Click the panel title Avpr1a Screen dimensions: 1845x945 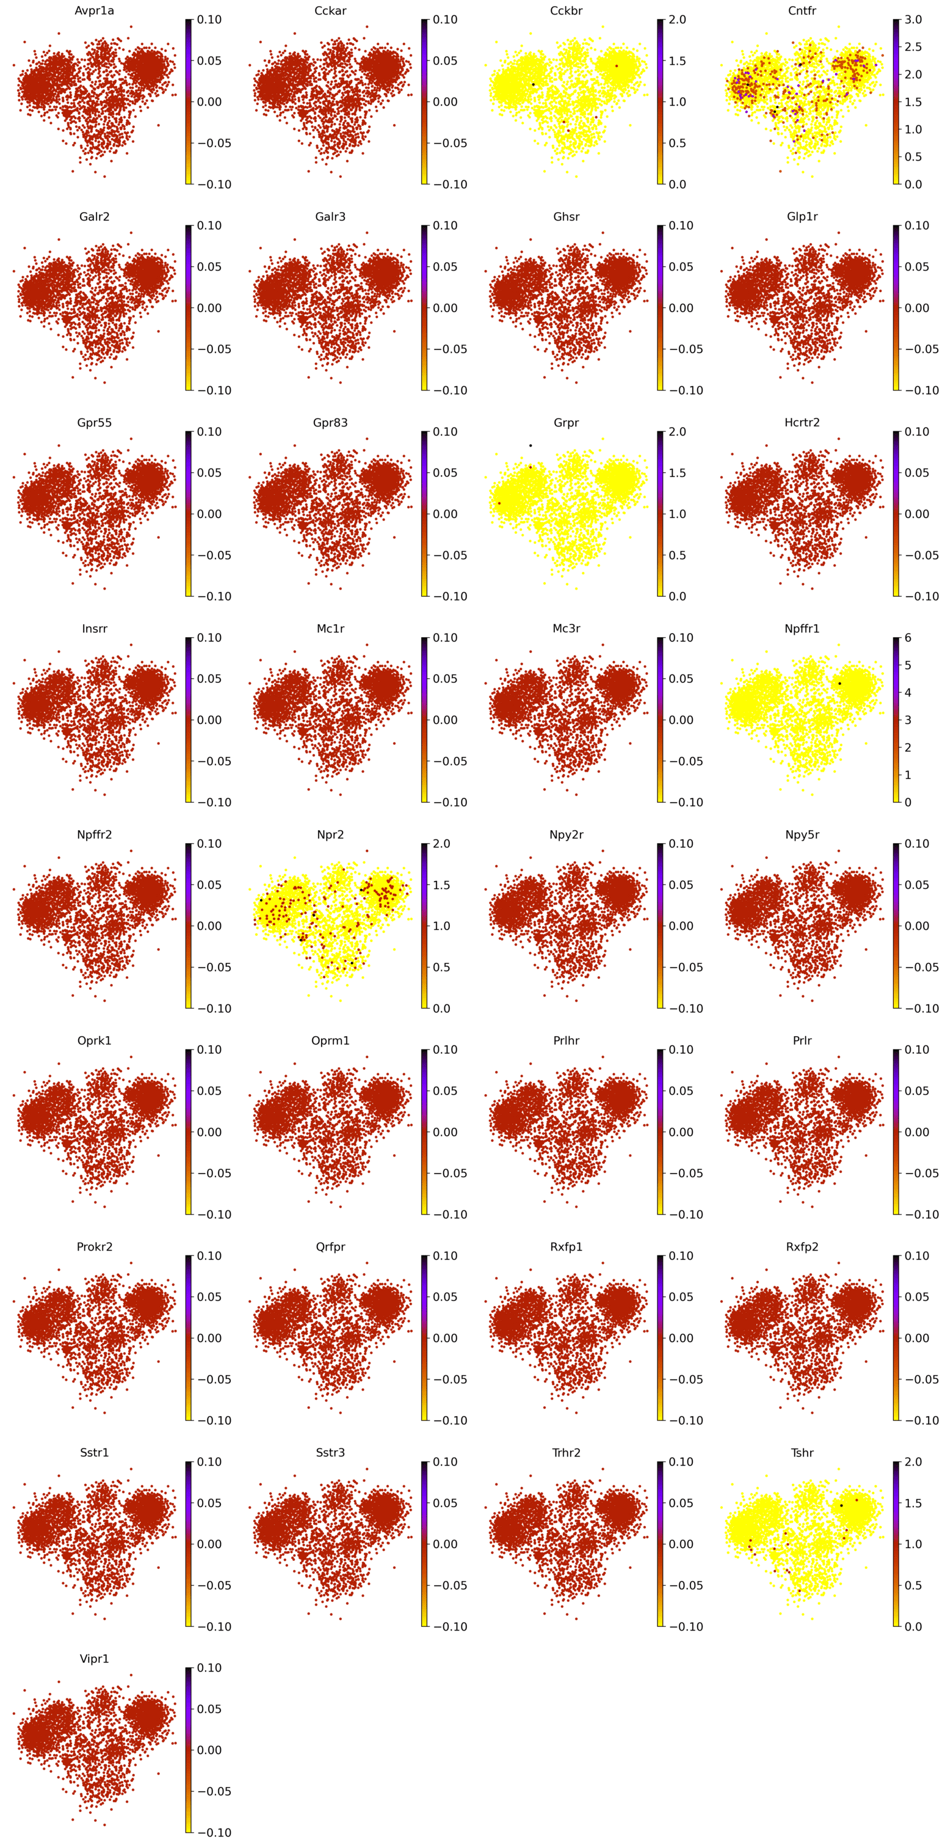pyautogui.click(x=94, y=11)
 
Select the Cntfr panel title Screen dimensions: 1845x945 pyautogui.click(x=802, y=11)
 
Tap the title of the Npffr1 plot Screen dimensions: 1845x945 pyautogui.click(x=802, y=629)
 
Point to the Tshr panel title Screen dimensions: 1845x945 pyautogui.click(x=802, y=1453)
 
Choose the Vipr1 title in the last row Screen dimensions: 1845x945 pyautogui.click(x=94, y=1659)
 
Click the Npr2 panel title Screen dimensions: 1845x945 pyautogui.click(x=330, y=835)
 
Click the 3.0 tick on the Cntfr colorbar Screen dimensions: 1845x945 pyautogui.click(x=913, y=20)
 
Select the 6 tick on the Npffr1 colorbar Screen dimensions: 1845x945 pyautogui.click(x=908, y=637)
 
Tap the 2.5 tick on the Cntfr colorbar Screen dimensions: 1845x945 pyautogui.click(x=913, y=46)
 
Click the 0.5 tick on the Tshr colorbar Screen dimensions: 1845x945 pyautogui.click(x=913, y=1585)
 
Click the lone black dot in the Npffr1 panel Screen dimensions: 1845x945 pyautogui.click(x=840, y=683)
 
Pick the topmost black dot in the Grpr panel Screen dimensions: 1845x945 pyautogui.click(x=530, y=445)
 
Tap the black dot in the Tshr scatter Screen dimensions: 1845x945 pyautogui.click(x=841, y=1505)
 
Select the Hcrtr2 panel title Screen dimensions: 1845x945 pyautogui.click(x=802, y=423)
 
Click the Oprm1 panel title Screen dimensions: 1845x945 pyautogui.click(x=330, y=1040)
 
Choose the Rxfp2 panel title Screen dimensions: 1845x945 pyautogui.click(x=802, y=1247)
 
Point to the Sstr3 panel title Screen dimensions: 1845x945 pyautogui.click(x=330, y=1453)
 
